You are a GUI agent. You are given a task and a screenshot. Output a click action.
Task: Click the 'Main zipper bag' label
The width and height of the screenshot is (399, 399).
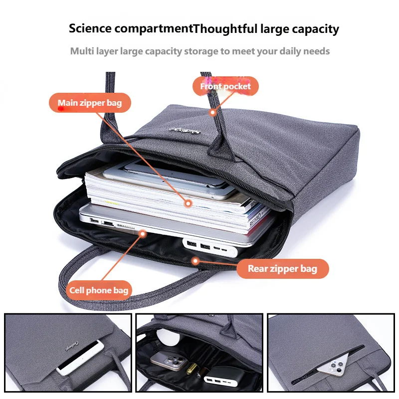[90, 103]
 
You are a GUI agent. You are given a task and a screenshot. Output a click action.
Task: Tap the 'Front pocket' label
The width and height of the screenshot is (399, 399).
[225, 86]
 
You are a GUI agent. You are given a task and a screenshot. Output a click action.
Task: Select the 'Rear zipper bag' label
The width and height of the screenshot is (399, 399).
[282, 269]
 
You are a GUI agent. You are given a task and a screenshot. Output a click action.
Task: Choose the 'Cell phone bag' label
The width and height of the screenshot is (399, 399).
[99, 290]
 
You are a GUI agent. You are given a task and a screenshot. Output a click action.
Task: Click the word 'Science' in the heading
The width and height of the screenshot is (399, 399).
[90, 28]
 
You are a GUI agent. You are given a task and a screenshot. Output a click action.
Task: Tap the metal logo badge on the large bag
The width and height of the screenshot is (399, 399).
[185, 131]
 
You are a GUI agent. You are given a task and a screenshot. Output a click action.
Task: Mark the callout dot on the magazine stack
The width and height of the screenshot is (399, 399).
[188, 203]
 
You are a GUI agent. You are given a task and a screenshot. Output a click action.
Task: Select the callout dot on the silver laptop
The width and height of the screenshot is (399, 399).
[143, 233]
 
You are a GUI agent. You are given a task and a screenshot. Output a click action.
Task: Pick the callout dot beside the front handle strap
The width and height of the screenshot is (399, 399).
[213, 112]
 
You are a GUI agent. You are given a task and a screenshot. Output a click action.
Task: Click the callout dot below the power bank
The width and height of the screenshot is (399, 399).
[196, 261]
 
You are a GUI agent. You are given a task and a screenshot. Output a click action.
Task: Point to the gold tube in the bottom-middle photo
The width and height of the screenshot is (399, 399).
[192, 369]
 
